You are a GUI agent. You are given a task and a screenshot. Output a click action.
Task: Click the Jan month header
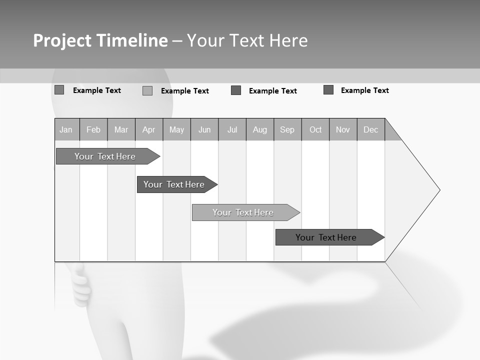click(66, 129)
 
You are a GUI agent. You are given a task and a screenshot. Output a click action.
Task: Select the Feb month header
click(93, 129)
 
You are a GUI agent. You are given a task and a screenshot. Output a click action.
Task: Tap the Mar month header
click(121, 129)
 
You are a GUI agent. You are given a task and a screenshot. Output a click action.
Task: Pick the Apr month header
click(149, 129)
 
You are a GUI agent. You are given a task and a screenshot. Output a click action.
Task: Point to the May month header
click(176, 129)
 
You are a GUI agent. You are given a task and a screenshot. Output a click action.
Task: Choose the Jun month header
click(204, 129)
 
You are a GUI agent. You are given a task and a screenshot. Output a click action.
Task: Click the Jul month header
click(232, 129)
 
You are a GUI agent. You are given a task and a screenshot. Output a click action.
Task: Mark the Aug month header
click(260, 129)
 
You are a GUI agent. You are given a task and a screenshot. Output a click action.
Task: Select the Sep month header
click(287, 129)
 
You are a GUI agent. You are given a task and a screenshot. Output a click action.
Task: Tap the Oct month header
click(315, 129)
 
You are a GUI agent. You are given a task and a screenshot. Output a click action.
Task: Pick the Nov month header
click(343, 129)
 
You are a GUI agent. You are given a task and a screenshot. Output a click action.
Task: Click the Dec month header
click(371, 129)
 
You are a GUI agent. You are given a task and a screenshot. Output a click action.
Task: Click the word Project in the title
click(61, 40)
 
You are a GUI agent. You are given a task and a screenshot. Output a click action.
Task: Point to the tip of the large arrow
click(438, 190)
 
